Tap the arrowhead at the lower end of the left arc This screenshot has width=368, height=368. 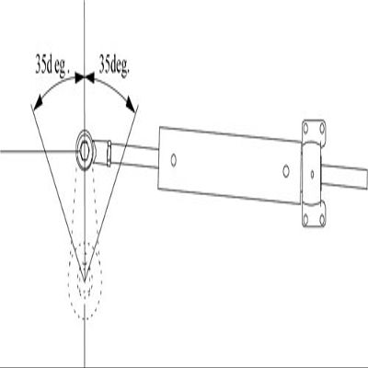coord(38,103)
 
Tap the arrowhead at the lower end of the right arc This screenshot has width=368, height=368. coord(131,105)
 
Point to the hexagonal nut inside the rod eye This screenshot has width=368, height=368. coord(85,150)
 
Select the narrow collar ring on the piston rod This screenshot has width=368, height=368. coord(109,154)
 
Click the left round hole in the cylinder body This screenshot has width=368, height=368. coord(174,160)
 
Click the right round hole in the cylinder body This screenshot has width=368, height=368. coord(286,171)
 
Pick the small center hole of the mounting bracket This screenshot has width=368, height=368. coord(312,174)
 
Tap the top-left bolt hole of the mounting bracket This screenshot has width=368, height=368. coord(305,127)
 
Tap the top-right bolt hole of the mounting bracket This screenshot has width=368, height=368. coord(322,127)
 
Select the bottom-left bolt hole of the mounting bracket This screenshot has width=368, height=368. coord(305,219)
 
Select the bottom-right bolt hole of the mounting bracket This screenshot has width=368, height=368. coord(322,219)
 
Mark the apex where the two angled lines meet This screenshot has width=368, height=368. coord(85,281)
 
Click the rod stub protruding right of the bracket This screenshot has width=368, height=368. coord(344,177)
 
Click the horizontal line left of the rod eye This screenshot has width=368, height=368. coord(39,151)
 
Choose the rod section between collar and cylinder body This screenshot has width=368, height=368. coord(134,156)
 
